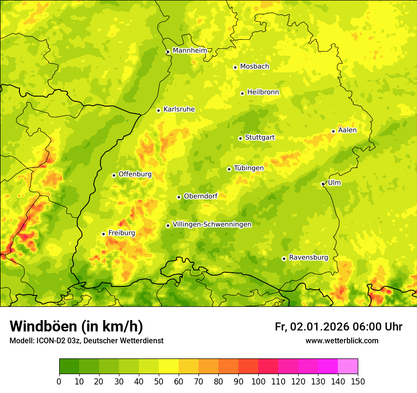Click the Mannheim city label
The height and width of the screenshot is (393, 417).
click(190, 51)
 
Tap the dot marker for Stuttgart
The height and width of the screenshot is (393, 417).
click(240, 138)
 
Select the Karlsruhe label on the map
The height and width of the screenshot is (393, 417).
click(179, 109)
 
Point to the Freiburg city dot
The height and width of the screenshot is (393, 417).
click(103, 234)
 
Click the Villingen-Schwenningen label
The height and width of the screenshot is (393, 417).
click(212, 224)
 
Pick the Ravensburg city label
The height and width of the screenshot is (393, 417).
click(308, 258)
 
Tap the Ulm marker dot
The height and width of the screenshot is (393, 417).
click(323, 184)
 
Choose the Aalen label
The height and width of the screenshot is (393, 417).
click(347, 130)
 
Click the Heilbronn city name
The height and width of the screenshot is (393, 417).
click(263, 92)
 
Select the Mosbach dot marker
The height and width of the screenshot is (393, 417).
click(235, 67)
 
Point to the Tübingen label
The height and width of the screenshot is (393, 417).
click(248, 168)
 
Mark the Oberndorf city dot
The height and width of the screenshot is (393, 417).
click(179, 197)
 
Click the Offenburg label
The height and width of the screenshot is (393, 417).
click(135, 174)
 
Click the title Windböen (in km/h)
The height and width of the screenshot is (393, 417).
click(76, 326)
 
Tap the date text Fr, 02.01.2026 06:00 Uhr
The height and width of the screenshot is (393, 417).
click(338, 327)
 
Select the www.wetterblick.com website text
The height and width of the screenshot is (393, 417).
click(342, 340)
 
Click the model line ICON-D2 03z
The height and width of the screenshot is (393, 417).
click(86, 340)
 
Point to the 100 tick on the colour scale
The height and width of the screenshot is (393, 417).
click(258, 381)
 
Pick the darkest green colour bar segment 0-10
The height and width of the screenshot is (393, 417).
click(69, 366)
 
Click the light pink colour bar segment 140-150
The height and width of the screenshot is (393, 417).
click(348, 366)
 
